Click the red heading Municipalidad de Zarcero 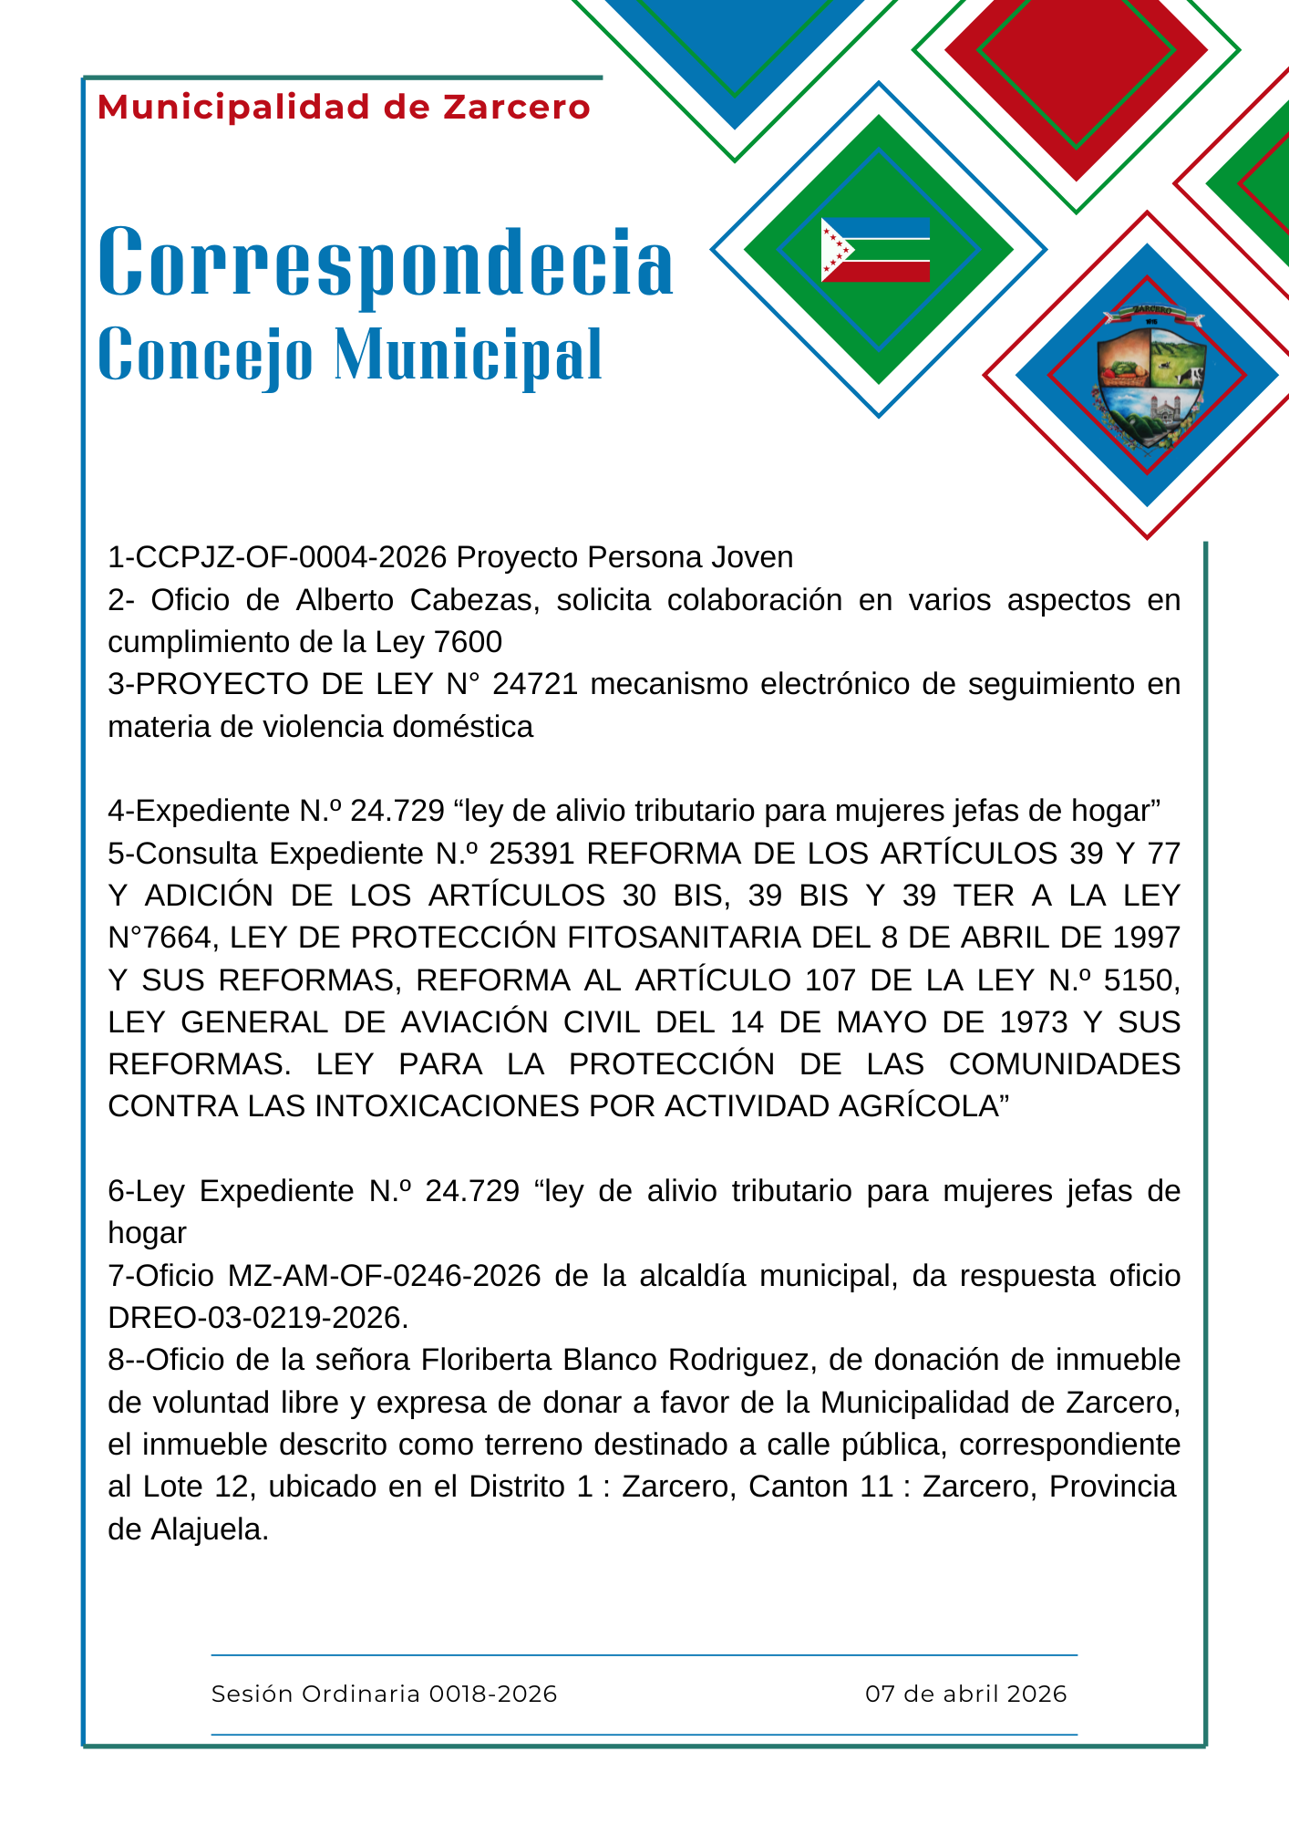[x=344, y=108]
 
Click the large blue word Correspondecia [x=386, y=263]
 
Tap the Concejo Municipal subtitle [x=350, y=354]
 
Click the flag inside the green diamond [x=875, y=250]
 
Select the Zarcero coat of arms [x=1148, y=378]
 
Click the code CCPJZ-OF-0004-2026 [x=277, y=557]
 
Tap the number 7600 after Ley [x=469, y=642]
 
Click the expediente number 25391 [x=531, y=854]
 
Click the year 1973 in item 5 [x=1033, y=1022]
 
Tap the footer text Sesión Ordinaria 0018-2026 [x=384, y=1694]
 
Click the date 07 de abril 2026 [x=965, y=1694]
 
